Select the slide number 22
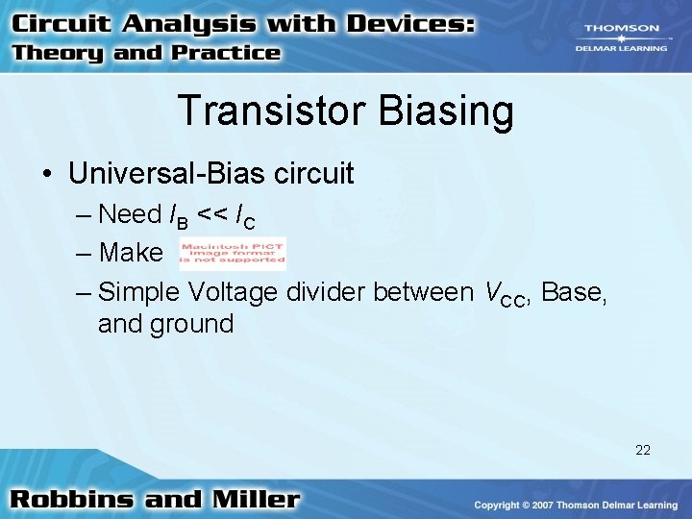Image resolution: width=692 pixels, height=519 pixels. click(642, 449)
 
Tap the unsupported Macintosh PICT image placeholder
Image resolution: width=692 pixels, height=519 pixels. click(233, 253)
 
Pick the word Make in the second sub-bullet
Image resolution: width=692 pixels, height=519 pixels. click(131, 253)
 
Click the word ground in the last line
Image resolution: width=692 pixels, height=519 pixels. click(191, 324)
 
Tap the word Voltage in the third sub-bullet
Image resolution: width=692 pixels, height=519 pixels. click(232, 291)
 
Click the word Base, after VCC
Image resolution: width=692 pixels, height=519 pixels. click(574, 291)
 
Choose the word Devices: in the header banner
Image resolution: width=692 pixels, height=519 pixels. click(407, 24)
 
